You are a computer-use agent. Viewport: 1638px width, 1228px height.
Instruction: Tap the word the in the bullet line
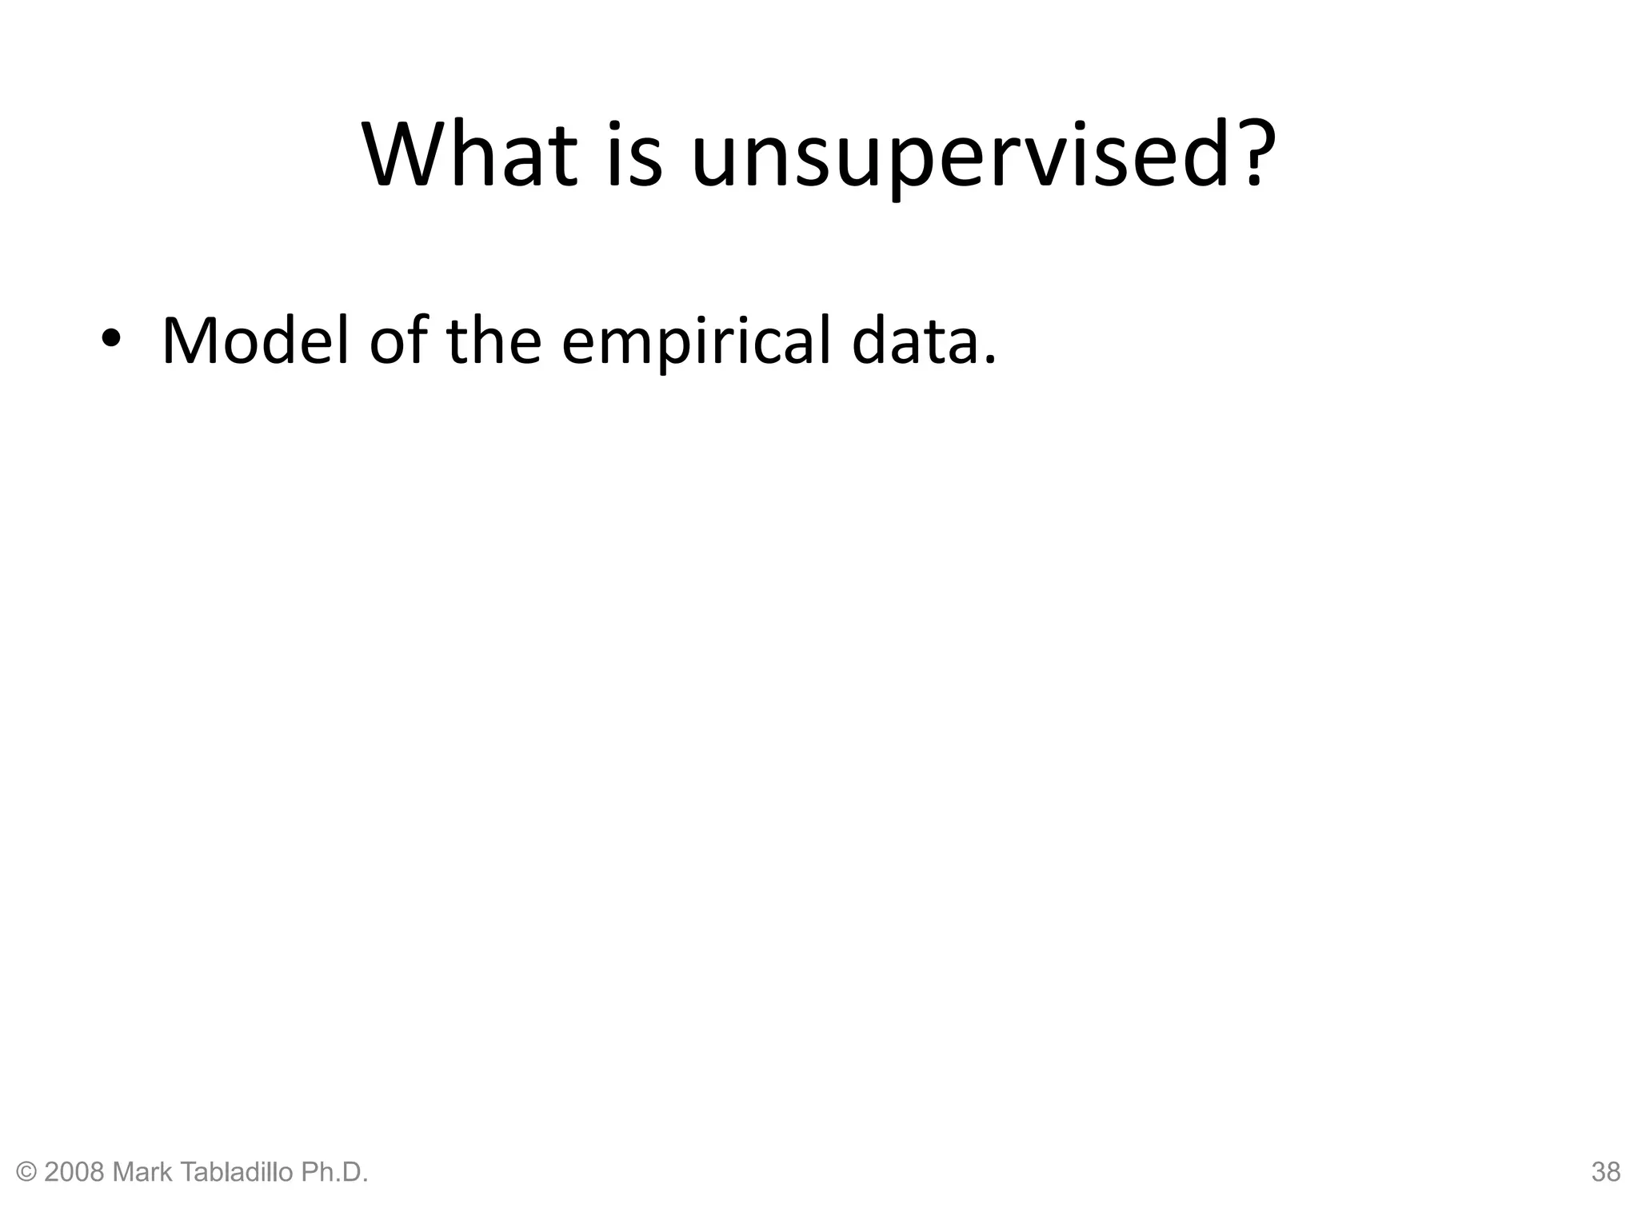pyautogui.click(x=493, y=341)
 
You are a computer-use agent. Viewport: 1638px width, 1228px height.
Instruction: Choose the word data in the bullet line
pyautogui.click(x=913, y=341)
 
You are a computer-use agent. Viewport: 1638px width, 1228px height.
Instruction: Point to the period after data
pyautogui.click(x=991, y=360)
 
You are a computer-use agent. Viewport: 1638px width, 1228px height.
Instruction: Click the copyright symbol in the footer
pyautogui.click(x=26, y=1172)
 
